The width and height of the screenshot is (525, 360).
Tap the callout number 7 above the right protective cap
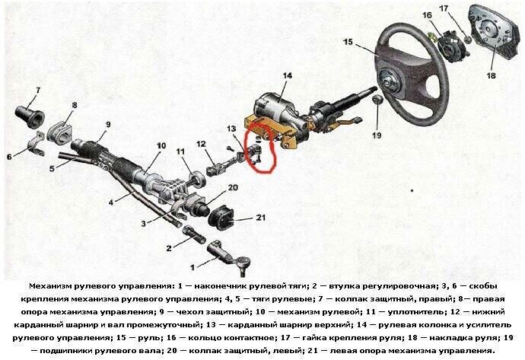(x=37, y=91)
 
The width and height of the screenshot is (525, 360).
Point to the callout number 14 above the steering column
(x=287, y=75)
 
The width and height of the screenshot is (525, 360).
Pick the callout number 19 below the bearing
(x=377, y=136)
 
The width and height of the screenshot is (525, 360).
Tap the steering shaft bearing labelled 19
(x=376, y=101)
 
